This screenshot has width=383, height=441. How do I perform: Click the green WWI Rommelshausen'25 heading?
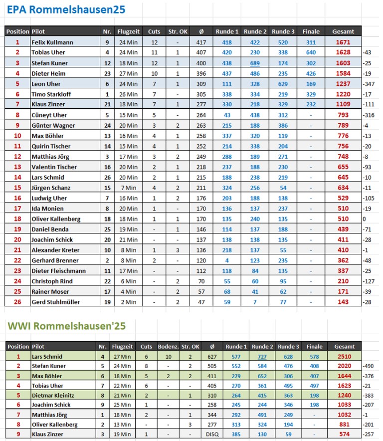coord(66,326)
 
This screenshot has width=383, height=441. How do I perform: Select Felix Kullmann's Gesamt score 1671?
coord(343,42)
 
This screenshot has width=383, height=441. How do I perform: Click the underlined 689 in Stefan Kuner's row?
coord(255,63)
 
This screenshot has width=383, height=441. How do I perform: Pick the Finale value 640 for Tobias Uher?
coord(311,53)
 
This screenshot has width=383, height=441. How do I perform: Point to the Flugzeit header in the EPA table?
coord(128,31)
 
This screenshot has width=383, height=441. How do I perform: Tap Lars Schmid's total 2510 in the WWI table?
coord(344,357)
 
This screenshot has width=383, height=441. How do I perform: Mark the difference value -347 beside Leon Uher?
coord(371,84)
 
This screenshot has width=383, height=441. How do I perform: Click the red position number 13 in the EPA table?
coord(17,167)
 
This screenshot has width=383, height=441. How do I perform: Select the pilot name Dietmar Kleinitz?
coord(53,396)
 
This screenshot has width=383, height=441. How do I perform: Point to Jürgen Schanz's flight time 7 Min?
coord(128,188)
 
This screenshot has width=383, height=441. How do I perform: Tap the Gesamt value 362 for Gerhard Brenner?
coord(343,260)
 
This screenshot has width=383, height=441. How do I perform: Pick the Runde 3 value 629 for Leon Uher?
coord(283,84)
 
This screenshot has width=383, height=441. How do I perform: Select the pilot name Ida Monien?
coord(47,209)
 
